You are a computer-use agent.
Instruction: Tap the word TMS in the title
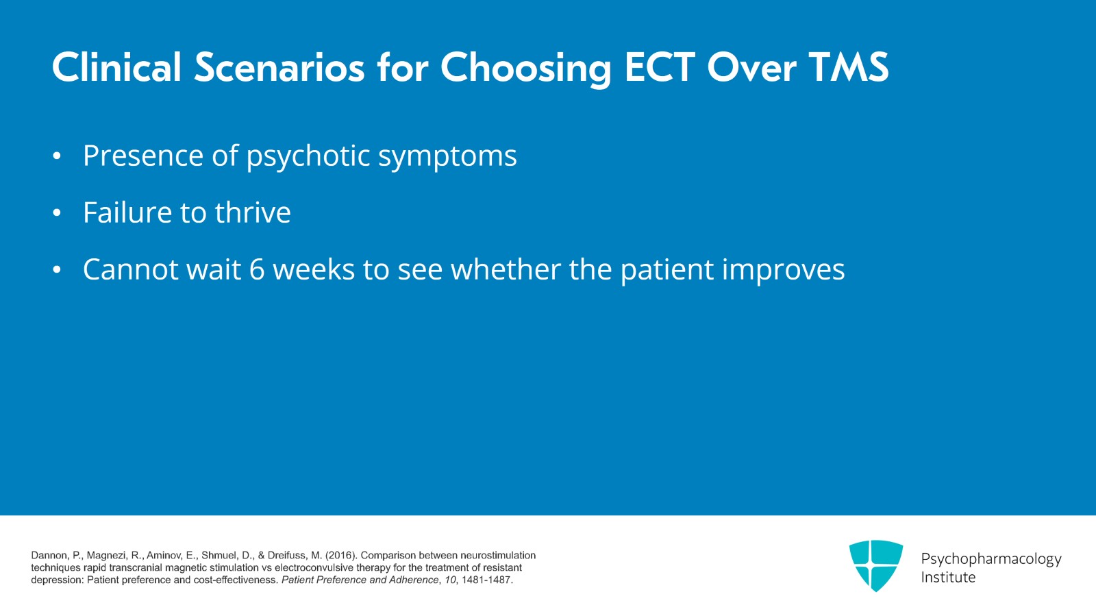coord(848,67)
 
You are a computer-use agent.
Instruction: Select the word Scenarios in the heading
coord(279,67)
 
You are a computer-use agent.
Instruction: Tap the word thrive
coord(253,212)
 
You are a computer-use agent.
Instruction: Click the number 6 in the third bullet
coord(257,269)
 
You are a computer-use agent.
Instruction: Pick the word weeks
coord(314,269)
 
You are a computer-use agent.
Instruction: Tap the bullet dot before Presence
coord(58,157)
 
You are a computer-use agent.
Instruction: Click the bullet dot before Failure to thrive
coord(58,214)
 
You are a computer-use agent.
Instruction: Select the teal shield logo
coord(875,565)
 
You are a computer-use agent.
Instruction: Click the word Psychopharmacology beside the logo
coord(991,559)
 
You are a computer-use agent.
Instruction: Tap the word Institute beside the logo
coord(948,578)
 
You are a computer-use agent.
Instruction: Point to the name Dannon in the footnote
coord(49,555)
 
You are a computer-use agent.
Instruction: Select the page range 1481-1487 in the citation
coord(486,580)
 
